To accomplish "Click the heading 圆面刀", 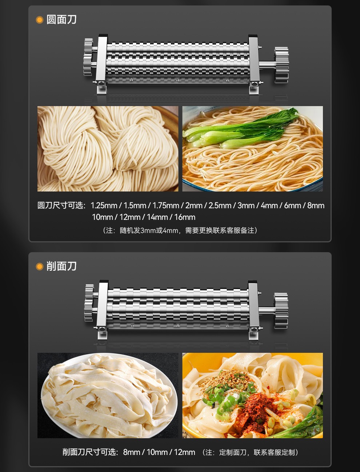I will (61, 20).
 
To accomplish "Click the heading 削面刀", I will (61, 266).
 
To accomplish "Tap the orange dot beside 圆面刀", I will (40, 20).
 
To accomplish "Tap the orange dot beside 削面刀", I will (40, 267).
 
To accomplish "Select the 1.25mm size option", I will (104, 206).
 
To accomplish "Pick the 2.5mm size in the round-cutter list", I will (220, 206).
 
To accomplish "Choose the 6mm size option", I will (292, 206).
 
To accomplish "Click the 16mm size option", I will (185, 217).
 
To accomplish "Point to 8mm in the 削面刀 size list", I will (131, 452).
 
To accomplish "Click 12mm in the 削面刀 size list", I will (184, 452).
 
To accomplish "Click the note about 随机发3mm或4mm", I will (180, 230).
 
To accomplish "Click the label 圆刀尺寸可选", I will (61, 206).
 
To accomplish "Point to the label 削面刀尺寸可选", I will (90, 452).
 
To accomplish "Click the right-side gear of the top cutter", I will (281, 65).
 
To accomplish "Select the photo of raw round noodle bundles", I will (108, 149).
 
